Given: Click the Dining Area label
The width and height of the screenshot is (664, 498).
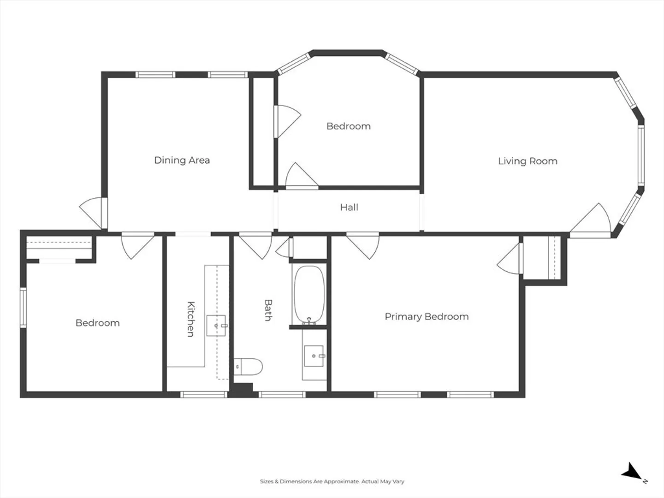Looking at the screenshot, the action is click(x=182, y=160).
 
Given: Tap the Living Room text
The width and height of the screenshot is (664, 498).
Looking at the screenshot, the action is click(x=528, y=161).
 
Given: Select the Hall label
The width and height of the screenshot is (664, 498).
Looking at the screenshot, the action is click(x=349, y=207).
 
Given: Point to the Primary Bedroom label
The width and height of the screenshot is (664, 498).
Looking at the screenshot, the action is click(x=427, y=317).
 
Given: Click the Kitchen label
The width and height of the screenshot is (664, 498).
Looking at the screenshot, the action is click(x=191, y=319).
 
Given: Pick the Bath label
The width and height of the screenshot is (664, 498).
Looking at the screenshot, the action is click(x=268, y=310).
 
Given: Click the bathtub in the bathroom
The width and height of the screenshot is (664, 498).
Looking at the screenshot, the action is click(x=309, y=295).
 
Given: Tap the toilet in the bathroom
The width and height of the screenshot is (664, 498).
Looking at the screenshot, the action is click(x=248, y=367).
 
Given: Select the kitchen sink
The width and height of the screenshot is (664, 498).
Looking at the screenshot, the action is click(x=216, y=326).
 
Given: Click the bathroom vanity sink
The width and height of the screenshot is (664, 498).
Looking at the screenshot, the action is click(x=314, y=356).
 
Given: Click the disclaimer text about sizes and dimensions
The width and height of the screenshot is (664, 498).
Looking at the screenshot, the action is click(x=332, y=481).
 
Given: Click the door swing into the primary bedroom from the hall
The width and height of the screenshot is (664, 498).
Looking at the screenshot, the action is click(x=363, y=246).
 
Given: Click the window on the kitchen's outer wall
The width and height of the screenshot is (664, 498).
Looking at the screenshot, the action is click(x=204, y=395).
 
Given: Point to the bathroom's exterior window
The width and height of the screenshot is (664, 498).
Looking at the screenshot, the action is click(x=282, y=395).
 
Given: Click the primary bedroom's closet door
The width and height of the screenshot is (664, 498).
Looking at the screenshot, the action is click(x=510, y=259).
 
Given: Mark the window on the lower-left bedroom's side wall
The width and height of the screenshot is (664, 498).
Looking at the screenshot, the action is click(x=24, y=308).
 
